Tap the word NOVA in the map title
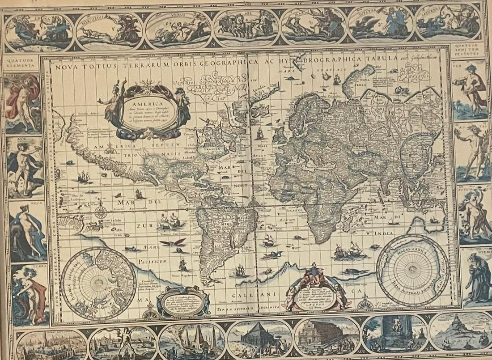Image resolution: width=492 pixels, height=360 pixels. (x=67, y=68)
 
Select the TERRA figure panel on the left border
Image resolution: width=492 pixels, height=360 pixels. (x=30, y=295)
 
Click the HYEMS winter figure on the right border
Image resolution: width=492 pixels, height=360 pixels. (x=476, y=282)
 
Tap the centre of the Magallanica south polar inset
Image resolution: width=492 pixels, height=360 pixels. (x=412, y=271)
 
